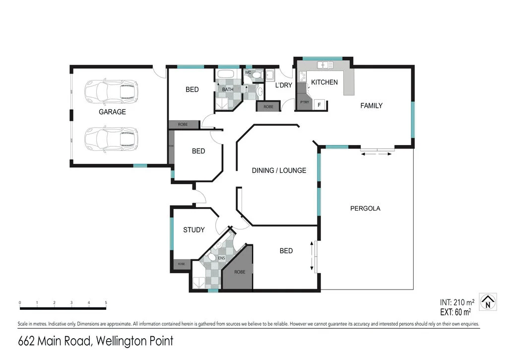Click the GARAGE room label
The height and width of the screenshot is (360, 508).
point(112,112)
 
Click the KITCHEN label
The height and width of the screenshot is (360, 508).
point(324,82)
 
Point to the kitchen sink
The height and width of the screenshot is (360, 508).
point(324,65)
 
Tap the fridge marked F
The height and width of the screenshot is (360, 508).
point(319,104)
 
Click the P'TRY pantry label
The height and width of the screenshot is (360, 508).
point(304,102)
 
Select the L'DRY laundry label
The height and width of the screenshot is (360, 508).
point(284,85)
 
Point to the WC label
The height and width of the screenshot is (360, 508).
point(248,72)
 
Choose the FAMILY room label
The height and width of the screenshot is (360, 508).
point(371,105)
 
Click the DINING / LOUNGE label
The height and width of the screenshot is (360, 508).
point(279,170)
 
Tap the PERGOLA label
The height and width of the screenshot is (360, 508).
point(365,209)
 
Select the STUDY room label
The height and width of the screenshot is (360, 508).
point(193,229)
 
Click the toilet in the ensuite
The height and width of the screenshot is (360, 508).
point(210,258)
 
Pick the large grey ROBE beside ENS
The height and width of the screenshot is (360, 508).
point(240,272)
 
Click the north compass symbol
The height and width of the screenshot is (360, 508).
point(488,301)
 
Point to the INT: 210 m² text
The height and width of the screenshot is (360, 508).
point(457,301)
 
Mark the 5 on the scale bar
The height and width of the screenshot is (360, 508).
point(106,302)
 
